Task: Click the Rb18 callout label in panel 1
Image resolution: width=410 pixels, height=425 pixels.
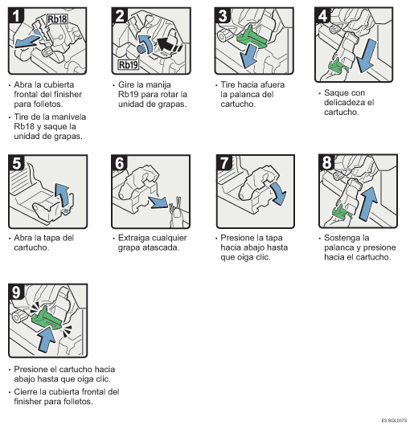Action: click(x=57, y=19)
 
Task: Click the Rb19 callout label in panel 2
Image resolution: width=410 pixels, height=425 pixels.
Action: click(x=129, y=65)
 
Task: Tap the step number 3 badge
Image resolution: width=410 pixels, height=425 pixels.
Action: click(x=223, y=16)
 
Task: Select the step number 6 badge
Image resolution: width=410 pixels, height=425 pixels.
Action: click(x=120, y=163)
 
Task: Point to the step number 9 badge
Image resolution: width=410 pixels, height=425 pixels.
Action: click(x=16, y=292)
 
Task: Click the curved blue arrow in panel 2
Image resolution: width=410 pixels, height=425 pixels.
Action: click(x=146, y=43)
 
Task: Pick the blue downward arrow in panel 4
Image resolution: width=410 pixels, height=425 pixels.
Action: click(x=367, y=55)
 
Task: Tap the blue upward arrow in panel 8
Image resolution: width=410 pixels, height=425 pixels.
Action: click(x=368, y=202)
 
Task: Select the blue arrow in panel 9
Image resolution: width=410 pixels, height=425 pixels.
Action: click(x=47, y=339)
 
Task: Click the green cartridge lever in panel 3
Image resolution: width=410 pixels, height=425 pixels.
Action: click(x=252, y=38)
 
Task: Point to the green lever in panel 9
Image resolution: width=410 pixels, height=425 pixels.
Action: click(x=47, y=318)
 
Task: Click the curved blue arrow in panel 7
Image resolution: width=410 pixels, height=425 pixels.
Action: click(x=279, y=193)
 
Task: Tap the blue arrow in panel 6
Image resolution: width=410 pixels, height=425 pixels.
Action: click(x=158, y=202)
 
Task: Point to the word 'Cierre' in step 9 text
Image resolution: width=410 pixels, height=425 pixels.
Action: click(x=26, y=392)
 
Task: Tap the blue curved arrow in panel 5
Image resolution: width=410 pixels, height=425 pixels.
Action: click(x=63, y=194)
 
